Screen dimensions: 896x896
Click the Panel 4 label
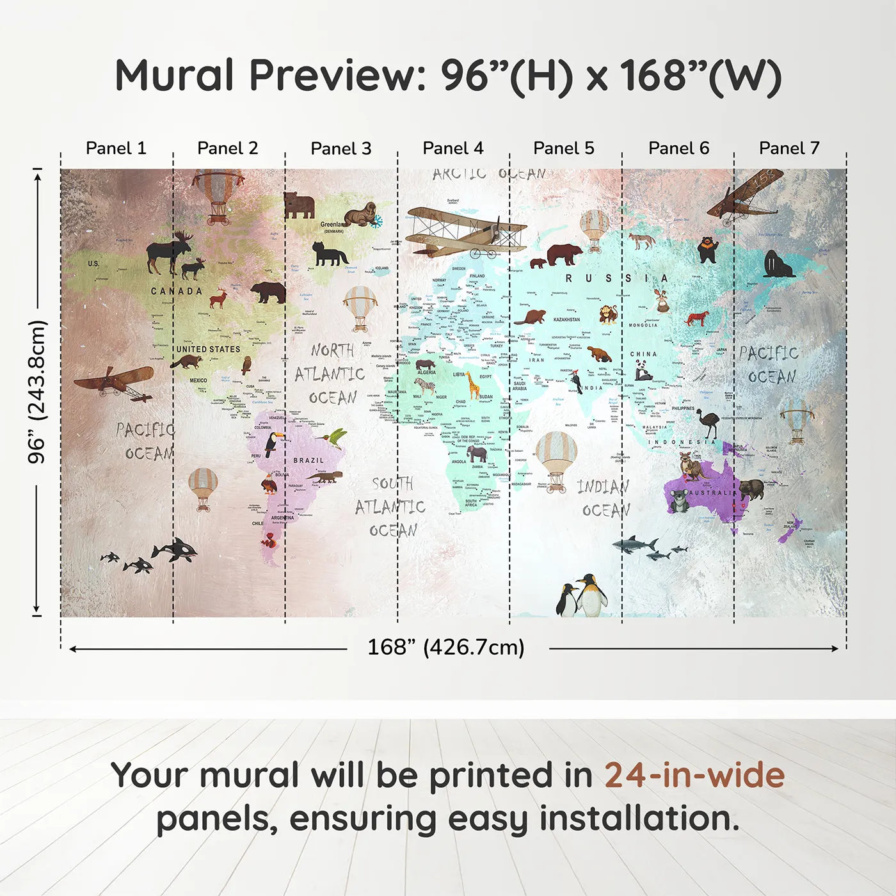(452, 148)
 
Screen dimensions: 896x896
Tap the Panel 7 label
(788, 148)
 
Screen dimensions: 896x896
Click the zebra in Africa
(426, 385)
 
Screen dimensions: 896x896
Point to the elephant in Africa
(477, 454)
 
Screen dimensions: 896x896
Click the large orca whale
(175, 549)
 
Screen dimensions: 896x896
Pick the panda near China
(643, 371)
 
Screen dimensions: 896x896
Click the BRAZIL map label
(308, 461)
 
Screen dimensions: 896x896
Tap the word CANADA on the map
(176, 291)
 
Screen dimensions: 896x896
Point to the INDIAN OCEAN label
(604, 499)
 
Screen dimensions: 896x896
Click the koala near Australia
(678, 501)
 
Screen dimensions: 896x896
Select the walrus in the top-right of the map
(777, 264)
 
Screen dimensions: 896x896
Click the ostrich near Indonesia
(707, 423)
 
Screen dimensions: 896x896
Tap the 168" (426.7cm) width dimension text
(445, 648)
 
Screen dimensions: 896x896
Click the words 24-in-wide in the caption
(694, 776)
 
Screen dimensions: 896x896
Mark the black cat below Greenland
(329, 255)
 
